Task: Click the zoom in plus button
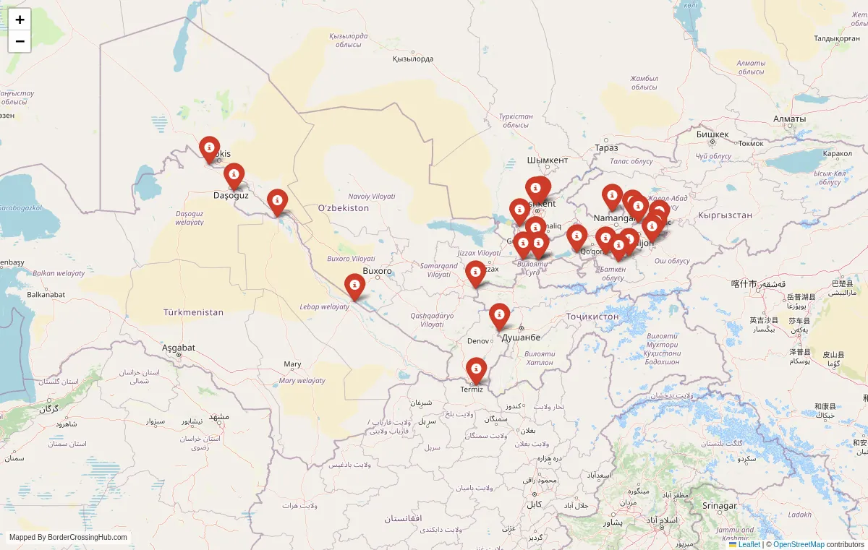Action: pyautogui.click(x=20, y=20)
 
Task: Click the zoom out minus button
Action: pyautogui.click(x=20, y=41)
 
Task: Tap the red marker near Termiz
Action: pyautogui.click(x=476, y=370)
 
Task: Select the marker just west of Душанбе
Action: pyautogui.click(x=499, y=316)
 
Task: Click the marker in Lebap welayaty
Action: pyautogui.click(x=354, y=285)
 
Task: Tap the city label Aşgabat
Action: pyautogui.click(x=178, y=348)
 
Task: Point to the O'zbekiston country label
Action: pyautogui.click(x=344, y=208)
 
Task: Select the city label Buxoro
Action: pyautogui.click(x=377, y=271)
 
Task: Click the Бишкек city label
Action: pyautogui.click(x=712, y=134)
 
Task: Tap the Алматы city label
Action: pyautogui.click(x=788, y=119)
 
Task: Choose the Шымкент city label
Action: pyautogui.click(x=548, y=160)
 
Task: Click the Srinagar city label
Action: pyautogui.click(x=719, y=505)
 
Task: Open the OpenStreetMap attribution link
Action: pyautogui.click(x=799, y=544)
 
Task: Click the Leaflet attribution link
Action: pyautogui.click(x=749, y=544)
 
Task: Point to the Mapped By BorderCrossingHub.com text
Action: pyautogui.click(x=68, y=537)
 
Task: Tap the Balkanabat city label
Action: pyautogui.click(x=46, y=294)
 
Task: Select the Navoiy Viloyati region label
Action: pyautogui.click(x=372, y=196)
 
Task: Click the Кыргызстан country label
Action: pyautogui.click(x=725, y=215)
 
